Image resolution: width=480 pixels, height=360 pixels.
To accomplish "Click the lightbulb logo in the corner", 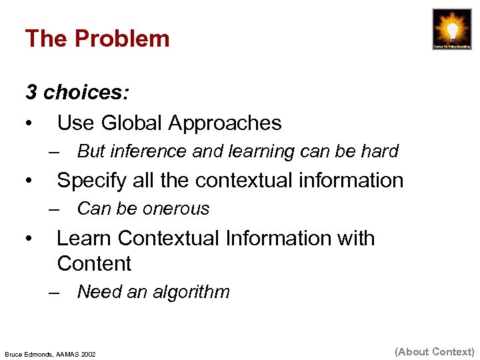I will click(x=451, y=29).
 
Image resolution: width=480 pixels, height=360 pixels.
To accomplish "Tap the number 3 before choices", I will click(x=31, y=92).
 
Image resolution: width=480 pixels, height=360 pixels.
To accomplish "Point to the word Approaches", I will click(x=225, y=123).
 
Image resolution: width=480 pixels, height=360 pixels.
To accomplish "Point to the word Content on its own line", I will click(x=94, y=263).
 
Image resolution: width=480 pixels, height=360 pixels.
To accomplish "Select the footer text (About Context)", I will click(x=434, y=351).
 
